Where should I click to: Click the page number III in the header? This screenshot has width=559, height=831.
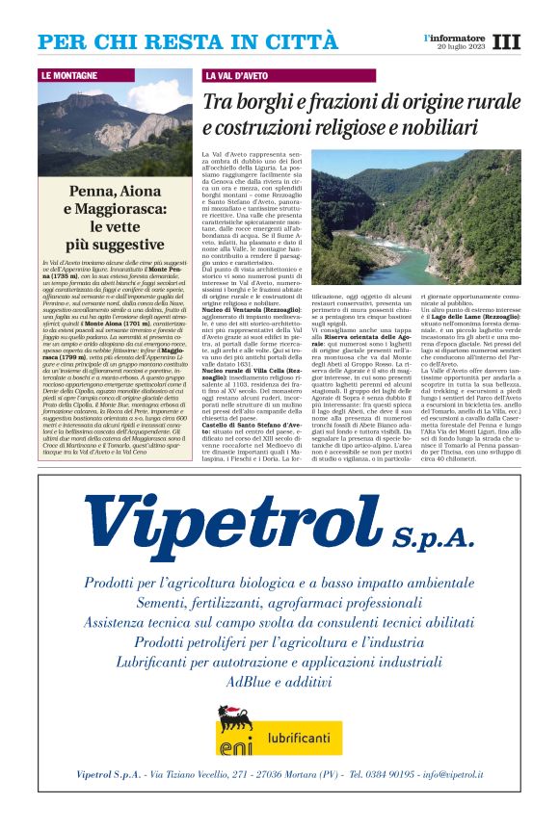pyautogui.click(x=506, y=41)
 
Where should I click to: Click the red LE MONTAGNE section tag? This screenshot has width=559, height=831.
pyautogui.click(x=69, y=75)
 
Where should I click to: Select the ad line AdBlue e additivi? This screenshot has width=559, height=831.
pyautogui.click(x=279, y=680)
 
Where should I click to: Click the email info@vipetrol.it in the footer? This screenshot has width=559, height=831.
pyautogui.click(x=449, y=774)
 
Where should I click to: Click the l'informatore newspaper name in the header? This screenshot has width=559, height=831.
pyautogui.click(x=456, y=38)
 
